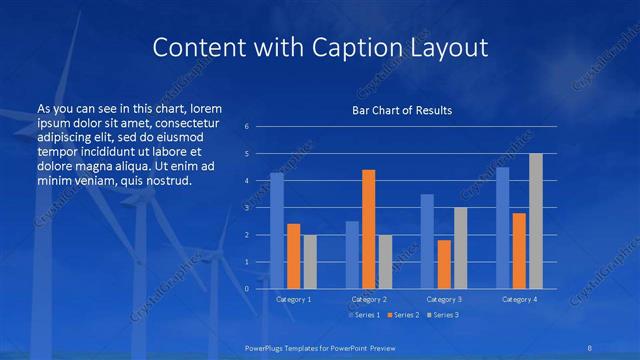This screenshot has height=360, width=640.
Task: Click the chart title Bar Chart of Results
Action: point(402,110)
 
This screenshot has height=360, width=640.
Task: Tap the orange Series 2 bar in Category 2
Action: point(368,229)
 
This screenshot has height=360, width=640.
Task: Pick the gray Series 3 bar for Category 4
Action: point(536,221)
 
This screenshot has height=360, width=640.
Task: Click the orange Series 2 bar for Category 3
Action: point(444,264)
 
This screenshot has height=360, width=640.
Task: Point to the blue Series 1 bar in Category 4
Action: point(503,227)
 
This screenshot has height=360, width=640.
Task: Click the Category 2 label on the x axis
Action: point(369,299)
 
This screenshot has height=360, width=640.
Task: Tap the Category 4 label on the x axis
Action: point(520,299)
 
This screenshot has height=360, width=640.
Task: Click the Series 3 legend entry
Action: point(442,315)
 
